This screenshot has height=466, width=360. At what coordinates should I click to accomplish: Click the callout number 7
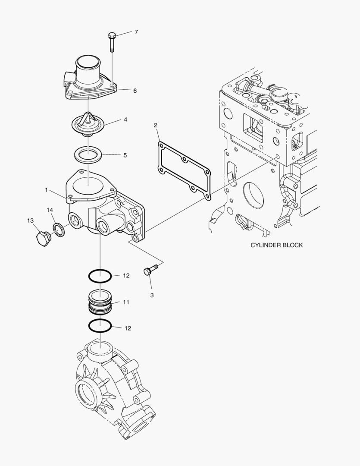pos(136,32)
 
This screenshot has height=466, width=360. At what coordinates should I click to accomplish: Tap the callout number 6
pos(135,91)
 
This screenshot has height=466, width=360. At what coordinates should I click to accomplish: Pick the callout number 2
pos(156,126)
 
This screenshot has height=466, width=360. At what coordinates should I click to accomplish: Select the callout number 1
pos(46,189)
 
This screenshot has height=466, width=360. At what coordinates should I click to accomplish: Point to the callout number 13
pos(30,220)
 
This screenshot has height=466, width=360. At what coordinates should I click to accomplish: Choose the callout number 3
pos(152,295)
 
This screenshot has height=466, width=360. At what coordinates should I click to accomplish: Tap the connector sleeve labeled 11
pos(100,301)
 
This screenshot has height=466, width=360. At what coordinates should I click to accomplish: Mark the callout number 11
pos(126,302)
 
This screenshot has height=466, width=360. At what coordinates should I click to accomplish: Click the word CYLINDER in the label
pos(265,245)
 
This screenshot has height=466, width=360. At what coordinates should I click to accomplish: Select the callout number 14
pos(50,210)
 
